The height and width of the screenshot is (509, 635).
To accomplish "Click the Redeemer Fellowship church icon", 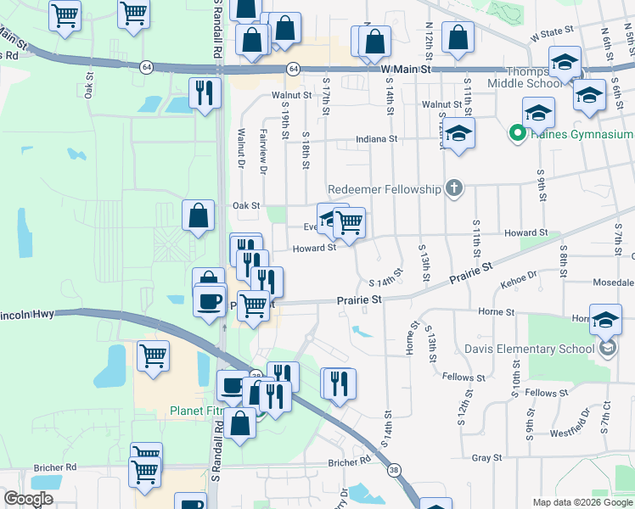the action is [x=454, y=188].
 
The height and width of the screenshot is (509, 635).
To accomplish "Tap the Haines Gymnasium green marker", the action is [x=514, y=134].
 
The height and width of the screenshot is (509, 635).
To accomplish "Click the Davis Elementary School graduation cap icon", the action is [x=607, y=348].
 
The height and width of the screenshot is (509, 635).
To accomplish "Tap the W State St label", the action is [x=552, y=34].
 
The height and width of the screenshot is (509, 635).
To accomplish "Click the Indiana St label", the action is [x=377, y=138].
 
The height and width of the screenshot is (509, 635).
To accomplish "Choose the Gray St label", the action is [x=486, y=457].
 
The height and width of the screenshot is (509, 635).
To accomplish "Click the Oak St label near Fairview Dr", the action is [x=245, y=205].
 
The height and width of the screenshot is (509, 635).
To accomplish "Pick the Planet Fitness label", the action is [x=195, y=412].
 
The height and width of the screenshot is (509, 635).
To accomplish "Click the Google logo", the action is [x=28, y=499].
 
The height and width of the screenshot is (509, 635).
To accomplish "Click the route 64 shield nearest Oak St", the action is [x=147, y=68].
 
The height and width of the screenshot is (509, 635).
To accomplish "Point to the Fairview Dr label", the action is [x=263, y=151].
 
